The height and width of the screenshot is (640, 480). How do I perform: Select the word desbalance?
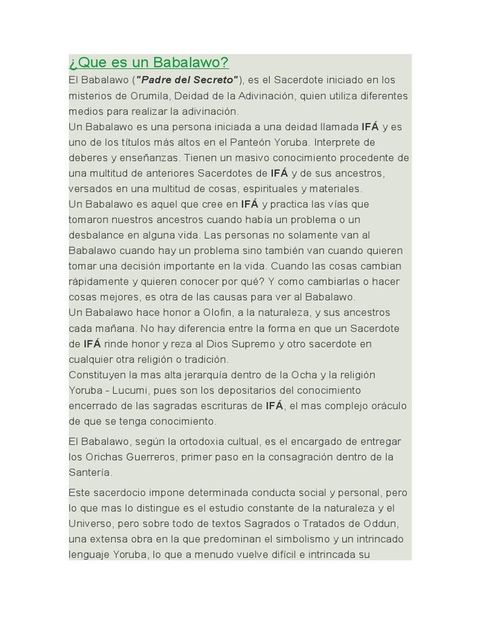tap(96, 235)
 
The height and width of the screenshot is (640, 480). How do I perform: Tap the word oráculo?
tap(384, 406)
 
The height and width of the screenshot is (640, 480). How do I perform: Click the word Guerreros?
tap(150, 457)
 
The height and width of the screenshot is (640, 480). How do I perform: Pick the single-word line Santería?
tap(90, 472)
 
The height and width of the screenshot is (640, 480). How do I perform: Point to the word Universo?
tap(91, 524)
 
